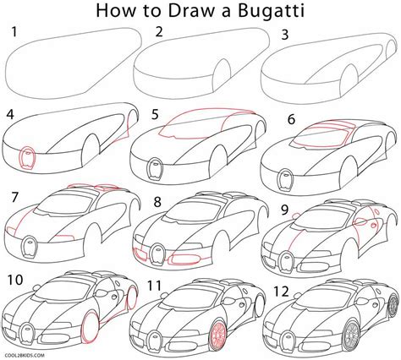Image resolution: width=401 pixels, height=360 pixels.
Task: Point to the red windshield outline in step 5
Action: tap(182, 125)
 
